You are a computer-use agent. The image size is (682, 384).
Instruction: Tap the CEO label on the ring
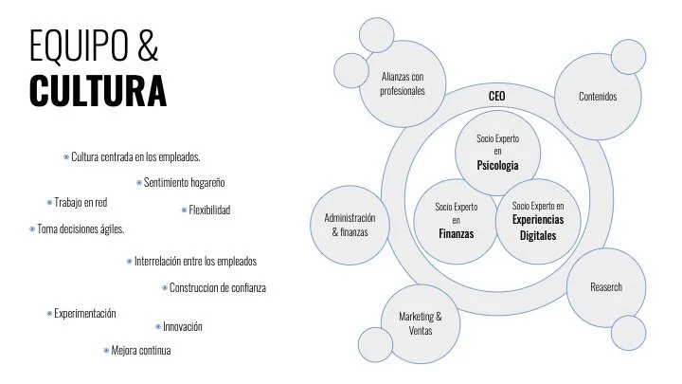coord(497,97)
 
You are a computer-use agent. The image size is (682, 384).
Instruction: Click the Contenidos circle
coord(598,97)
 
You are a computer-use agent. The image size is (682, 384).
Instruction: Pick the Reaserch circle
coord(606,286)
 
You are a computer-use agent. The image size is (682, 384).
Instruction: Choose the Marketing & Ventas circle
coord(419,322)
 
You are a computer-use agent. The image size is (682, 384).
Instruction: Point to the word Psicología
coord(497,166)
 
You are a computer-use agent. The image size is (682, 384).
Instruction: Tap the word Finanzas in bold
coord(456,232)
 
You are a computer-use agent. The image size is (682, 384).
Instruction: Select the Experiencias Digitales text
coord(537,225)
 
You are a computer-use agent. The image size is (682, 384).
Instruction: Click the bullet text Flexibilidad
coord(209,210)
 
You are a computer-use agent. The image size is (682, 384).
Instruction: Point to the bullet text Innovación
coord(183,326)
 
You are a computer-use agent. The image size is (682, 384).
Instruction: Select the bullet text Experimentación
coord(85,312)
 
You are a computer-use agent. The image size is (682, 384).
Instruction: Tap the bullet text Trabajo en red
coord(83,202)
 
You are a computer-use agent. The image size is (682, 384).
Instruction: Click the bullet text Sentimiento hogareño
coord(185,181)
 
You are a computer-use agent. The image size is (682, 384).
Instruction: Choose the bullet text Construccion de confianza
coord(217,287)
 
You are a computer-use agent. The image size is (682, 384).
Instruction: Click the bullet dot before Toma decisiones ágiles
coord(31,229)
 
